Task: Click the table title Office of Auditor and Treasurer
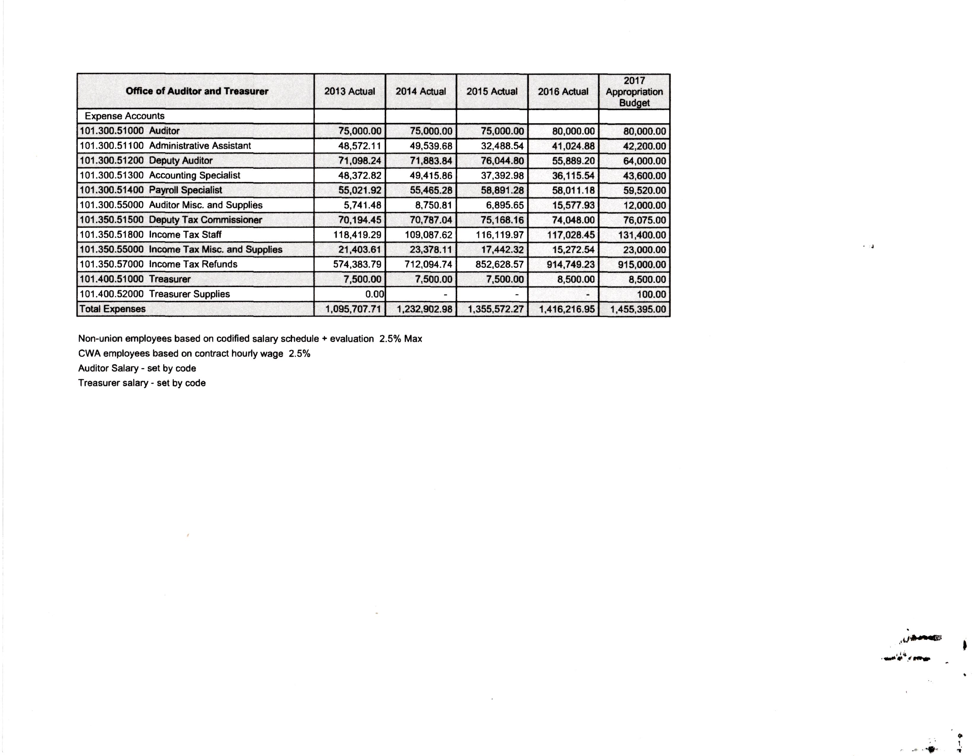(197, 91)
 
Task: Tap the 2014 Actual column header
(421, 92)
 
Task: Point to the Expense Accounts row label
(124, 116)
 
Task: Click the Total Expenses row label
(112, 309)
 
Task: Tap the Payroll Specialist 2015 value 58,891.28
(502, 190)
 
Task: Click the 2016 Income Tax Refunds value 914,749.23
(570, 264)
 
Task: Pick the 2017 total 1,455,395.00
(638, 309)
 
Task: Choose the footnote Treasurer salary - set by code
(142, 383)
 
